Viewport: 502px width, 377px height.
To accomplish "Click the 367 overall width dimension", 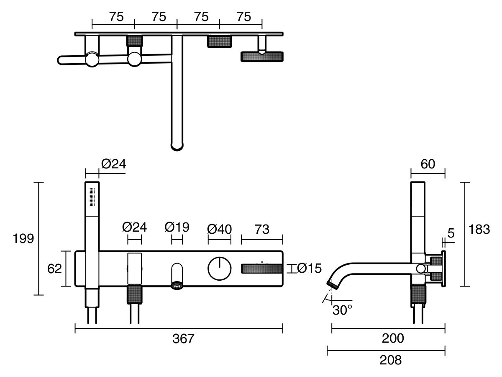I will pos(184,339).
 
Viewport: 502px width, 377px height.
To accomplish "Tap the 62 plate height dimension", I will pos(54,269).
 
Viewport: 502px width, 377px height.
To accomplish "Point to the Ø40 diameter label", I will pos(220,229).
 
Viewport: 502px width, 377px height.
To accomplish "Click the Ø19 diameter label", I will pos(177,227).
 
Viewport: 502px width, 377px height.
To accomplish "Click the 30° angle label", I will pos(342,310).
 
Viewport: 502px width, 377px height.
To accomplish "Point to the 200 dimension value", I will pos(393,338).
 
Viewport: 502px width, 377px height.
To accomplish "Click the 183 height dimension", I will pos(479,230).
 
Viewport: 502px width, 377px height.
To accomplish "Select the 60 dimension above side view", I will pos(428,164).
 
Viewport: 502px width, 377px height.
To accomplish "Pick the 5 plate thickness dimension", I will pos(451,233).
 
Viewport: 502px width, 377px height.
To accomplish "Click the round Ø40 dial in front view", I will pos(220,269).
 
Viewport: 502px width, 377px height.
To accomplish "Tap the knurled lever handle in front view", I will pos(261,269).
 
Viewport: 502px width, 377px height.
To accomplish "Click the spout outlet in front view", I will pos(177,285).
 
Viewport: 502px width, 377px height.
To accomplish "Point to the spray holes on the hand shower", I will pos(92,196).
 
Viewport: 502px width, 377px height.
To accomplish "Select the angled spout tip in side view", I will pos(333,285).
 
